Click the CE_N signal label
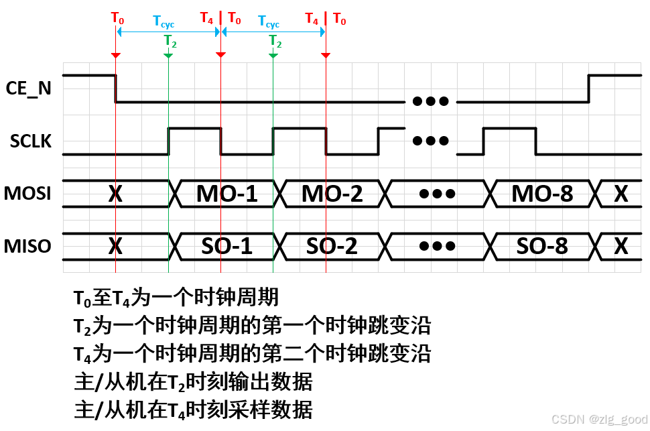[28, 88]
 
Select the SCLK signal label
[31, 141]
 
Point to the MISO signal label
[28, 246]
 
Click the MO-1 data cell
[226, 194]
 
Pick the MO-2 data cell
[332, 194]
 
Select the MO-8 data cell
[542, 194]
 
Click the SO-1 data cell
[226, 246]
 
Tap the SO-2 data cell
[332, 246]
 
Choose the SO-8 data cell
[542, 246]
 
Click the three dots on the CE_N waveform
[430, 102]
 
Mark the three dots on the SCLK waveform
[430, 141]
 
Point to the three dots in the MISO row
[437, 246]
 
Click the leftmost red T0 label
[117, 19]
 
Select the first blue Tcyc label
[164, 23]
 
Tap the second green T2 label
[275, 41]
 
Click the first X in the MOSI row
[115, 194]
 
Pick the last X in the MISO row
[621, 246]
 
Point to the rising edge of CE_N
[588, 88]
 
